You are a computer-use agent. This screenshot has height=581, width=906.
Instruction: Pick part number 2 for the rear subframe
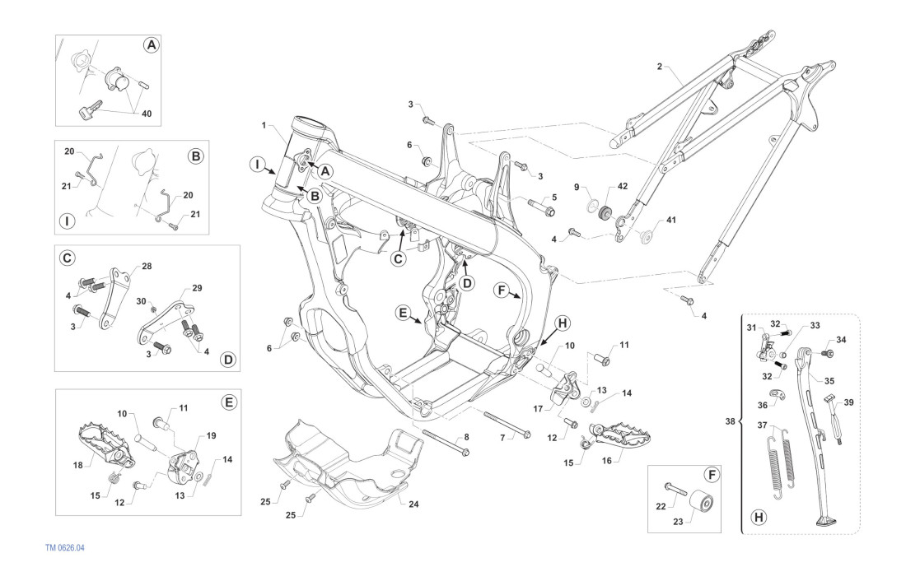coord(659,66)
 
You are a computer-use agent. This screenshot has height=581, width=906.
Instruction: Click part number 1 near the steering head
coord(264,126)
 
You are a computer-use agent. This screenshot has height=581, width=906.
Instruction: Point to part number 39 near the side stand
coord(849,402)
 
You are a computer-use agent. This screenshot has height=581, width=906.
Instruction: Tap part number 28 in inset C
coord(147,267)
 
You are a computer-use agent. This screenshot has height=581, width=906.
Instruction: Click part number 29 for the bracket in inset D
coord(196,289)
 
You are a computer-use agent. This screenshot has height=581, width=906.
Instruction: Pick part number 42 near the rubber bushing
coord(622,186)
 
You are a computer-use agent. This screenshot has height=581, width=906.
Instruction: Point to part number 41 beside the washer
coord(670,220)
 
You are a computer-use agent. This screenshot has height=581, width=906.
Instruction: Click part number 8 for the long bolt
coord(466,437)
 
